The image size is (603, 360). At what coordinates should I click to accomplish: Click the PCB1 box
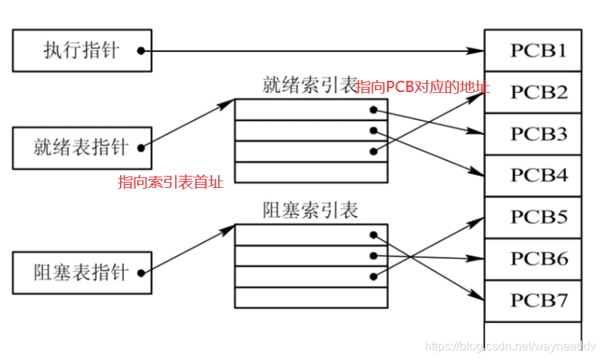tap(533, 51)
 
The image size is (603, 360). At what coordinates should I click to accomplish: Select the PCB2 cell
tap(533, 92)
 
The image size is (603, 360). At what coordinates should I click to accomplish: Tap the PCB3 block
tap(533, 134)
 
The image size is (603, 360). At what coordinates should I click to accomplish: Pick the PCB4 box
tap(533, 175)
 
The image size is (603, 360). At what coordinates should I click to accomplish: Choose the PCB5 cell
tap(533, 217)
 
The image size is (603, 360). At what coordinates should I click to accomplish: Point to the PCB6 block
tap(533, 259)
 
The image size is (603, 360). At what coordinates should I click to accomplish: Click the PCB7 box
tap(533, 300)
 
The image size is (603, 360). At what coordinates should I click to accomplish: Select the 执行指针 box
tap(82, 51)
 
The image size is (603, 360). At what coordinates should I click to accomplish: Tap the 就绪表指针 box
tap(82, 147)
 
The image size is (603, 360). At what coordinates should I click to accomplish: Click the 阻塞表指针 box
tap(82, 272)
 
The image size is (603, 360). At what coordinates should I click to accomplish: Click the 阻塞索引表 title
tap(310, 210)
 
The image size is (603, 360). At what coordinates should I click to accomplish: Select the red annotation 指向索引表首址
tap(171, 182)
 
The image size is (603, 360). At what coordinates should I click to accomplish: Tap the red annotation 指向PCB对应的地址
tap(423, 88)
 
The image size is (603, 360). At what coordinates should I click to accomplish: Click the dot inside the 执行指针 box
tap(140, 51)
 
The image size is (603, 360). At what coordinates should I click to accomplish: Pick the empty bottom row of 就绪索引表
tap(311, 172)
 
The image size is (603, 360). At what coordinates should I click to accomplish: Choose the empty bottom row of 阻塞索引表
tap(311, 297)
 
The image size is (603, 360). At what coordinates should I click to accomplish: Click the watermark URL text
tap(510, 346)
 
